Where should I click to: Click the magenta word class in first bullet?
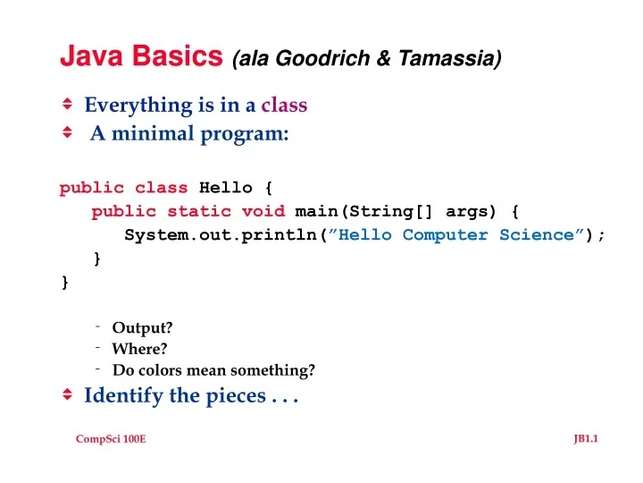click(x=284, y=106)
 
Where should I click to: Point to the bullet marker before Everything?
click(x=67, y=105)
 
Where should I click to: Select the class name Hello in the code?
click(x=226, y=188)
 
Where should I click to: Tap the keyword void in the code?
click(x=263, y=211)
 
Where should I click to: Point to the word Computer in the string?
click(x=446, y=235)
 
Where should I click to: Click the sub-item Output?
click(x=142, y=327)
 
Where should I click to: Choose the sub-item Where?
click(x=139, y=349)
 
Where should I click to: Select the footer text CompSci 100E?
click(x=111, y=437)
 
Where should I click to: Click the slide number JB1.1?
click(x=585, y=437)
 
